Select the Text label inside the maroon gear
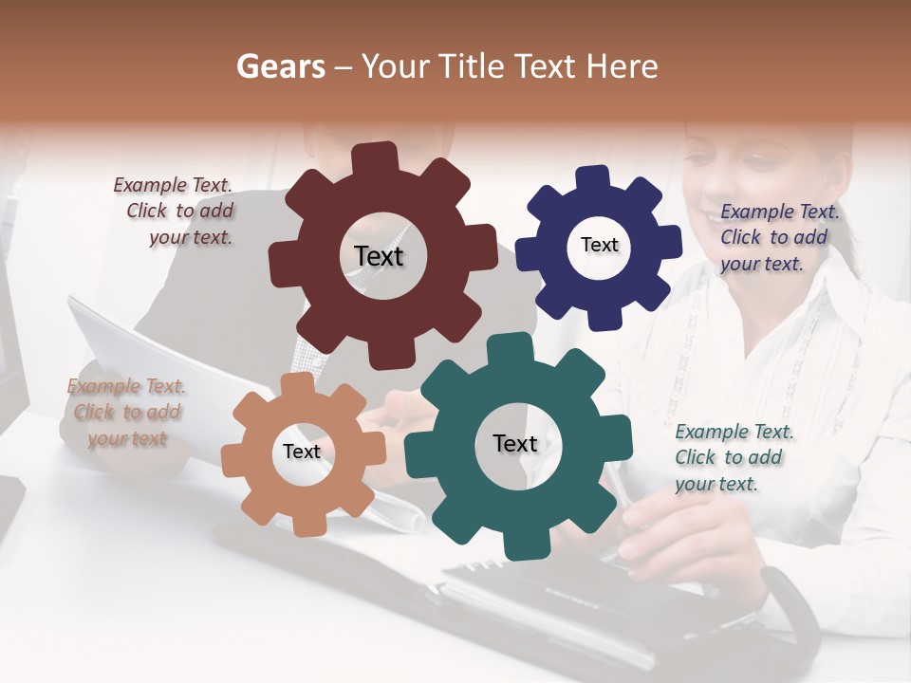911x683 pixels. point(379,256)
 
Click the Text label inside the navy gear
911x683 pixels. point(599,245)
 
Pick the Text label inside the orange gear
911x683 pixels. point(302,452)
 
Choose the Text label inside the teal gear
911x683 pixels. point(515,443)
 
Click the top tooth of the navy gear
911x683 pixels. point(594,178)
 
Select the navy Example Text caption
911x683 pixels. point(778,237)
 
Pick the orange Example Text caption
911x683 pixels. point(126,412)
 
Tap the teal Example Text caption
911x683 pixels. point(734,457)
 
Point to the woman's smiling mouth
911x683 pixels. point(710,218)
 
